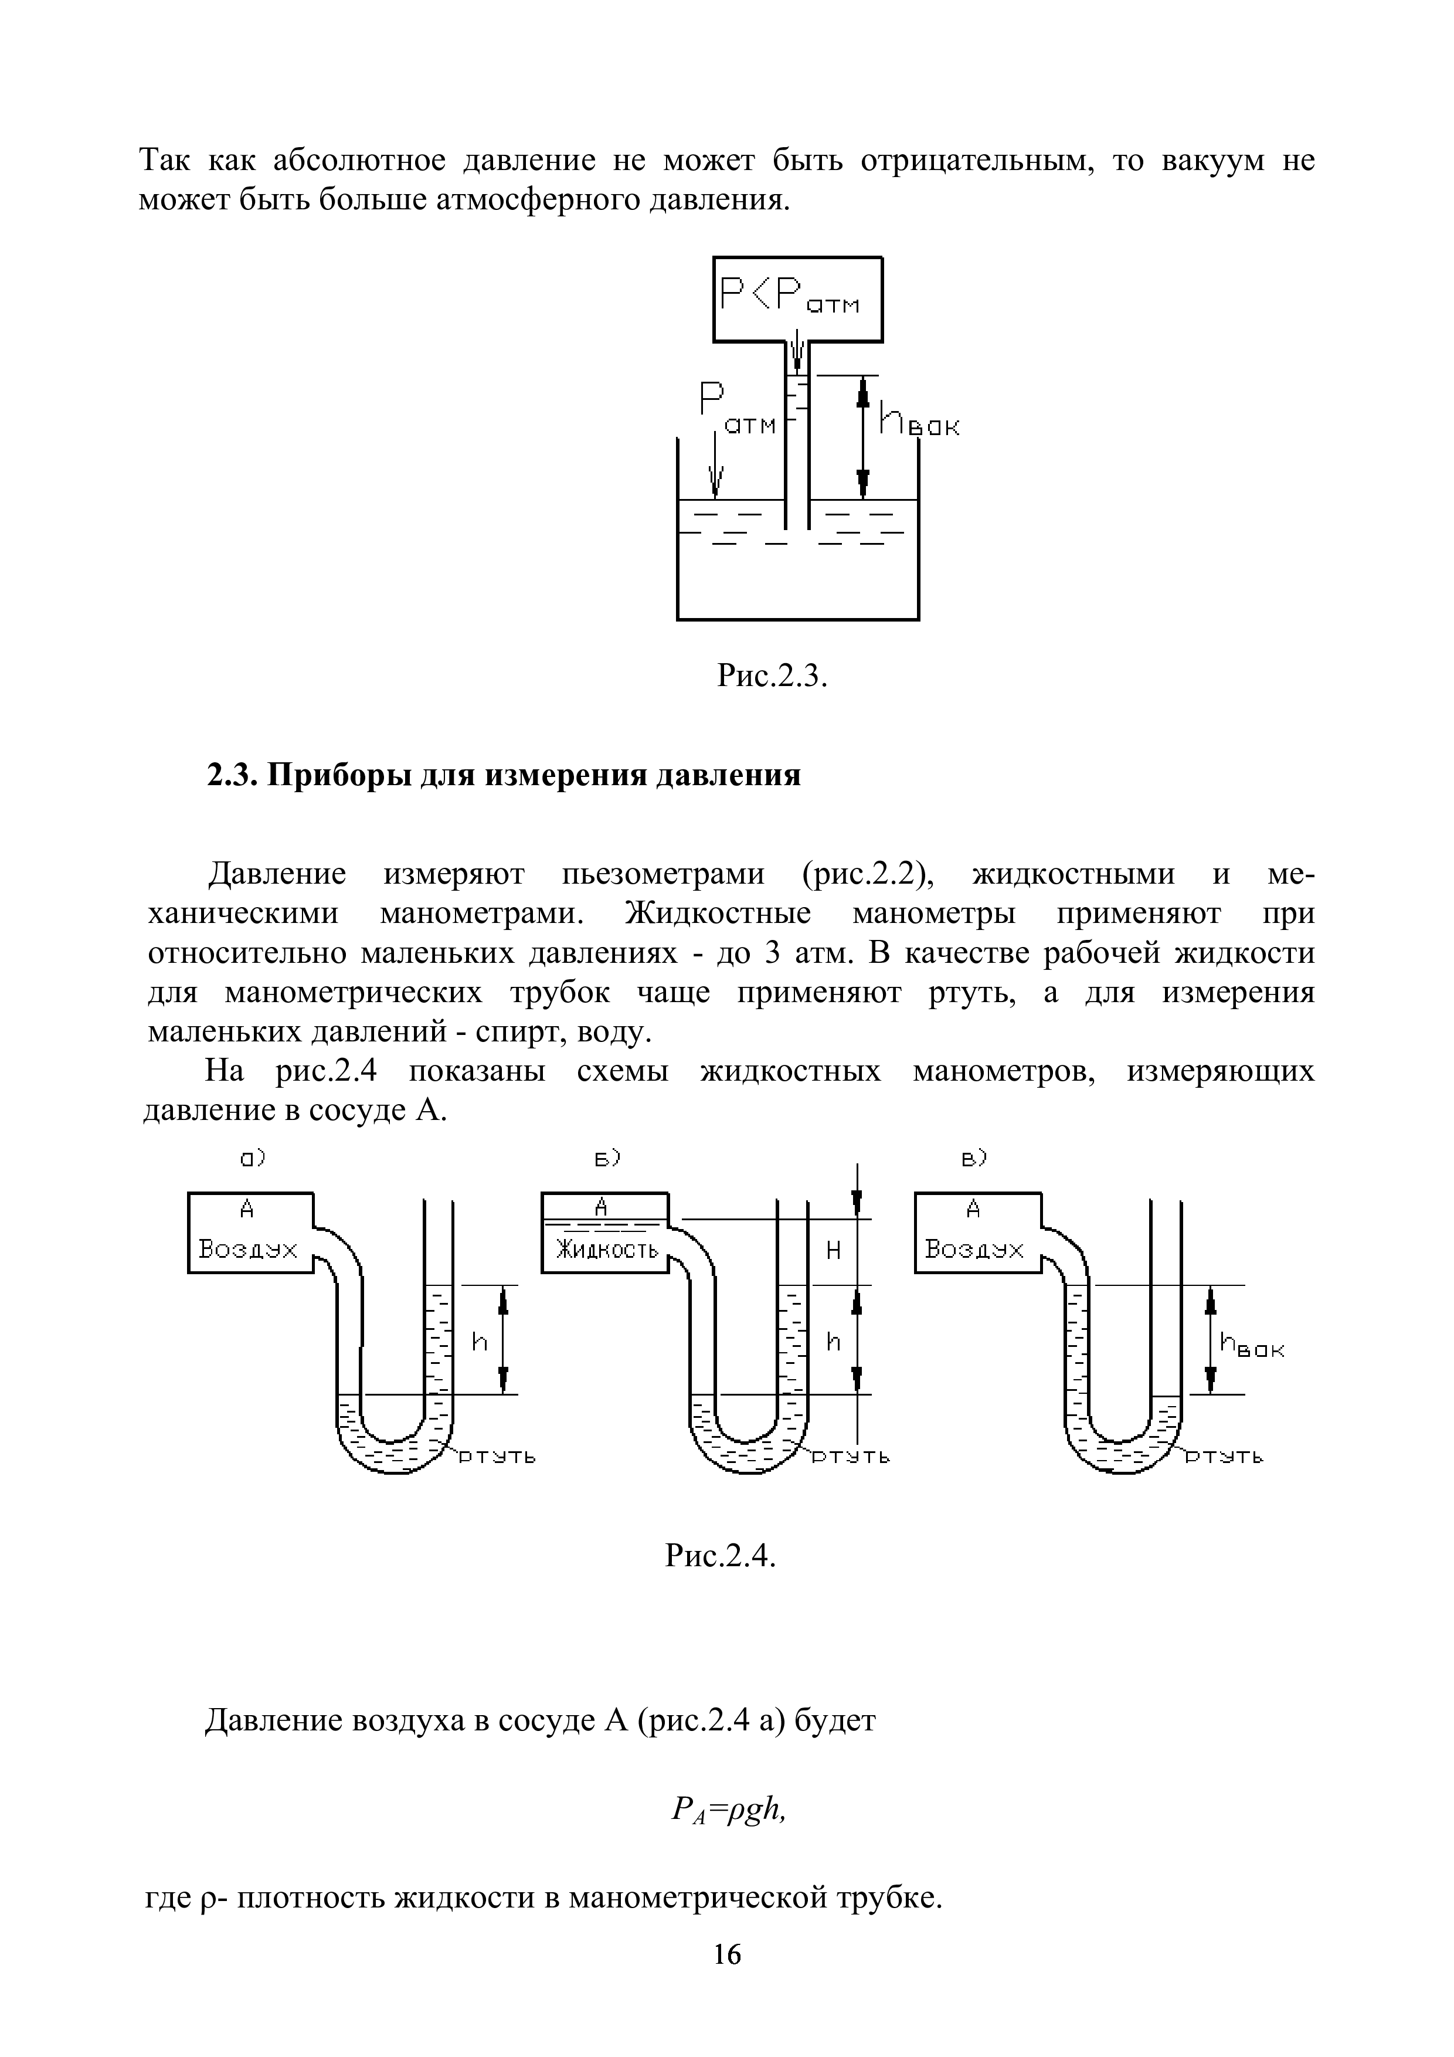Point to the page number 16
[726, 1978]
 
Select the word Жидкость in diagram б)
[606, 1249]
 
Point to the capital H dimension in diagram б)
[833, 1251]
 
